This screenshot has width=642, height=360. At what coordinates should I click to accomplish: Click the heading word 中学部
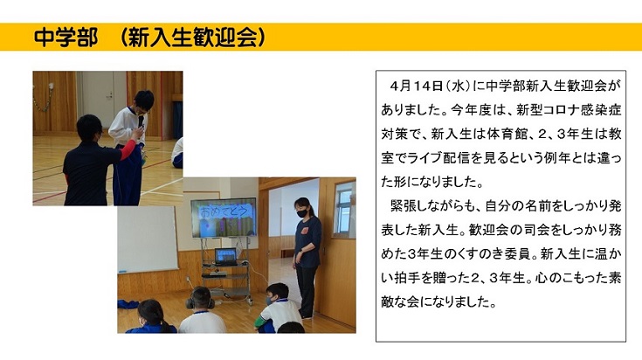(66, 38)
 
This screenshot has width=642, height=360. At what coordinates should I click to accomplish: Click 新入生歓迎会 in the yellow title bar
(193, 38)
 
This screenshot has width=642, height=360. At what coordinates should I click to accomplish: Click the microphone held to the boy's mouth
(141, 121)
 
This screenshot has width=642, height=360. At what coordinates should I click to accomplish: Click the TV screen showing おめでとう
(224, 218)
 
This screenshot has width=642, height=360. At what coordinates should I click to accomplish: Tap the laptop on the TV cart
(225, 257)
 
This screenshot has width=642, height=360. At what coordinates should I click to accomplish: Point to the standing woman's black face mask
(302, 213)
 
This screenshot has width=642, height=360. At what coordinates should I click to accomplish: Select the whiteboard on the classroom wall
(148, 239)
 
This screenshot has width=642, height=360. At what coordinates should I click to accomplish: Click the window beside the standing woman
(344, 210)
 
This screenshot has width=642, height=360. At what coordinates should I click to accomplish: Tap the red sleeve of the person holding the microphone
(128, 149)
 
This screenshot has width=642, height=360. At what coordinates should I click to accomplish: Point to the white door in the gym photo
(97, 100)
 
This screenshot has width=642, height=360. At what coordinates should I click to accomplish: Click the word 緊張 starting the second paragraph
(404, 206)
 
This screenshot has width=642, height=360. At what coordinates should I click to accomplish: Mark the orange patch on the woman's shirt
(305, 231)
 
